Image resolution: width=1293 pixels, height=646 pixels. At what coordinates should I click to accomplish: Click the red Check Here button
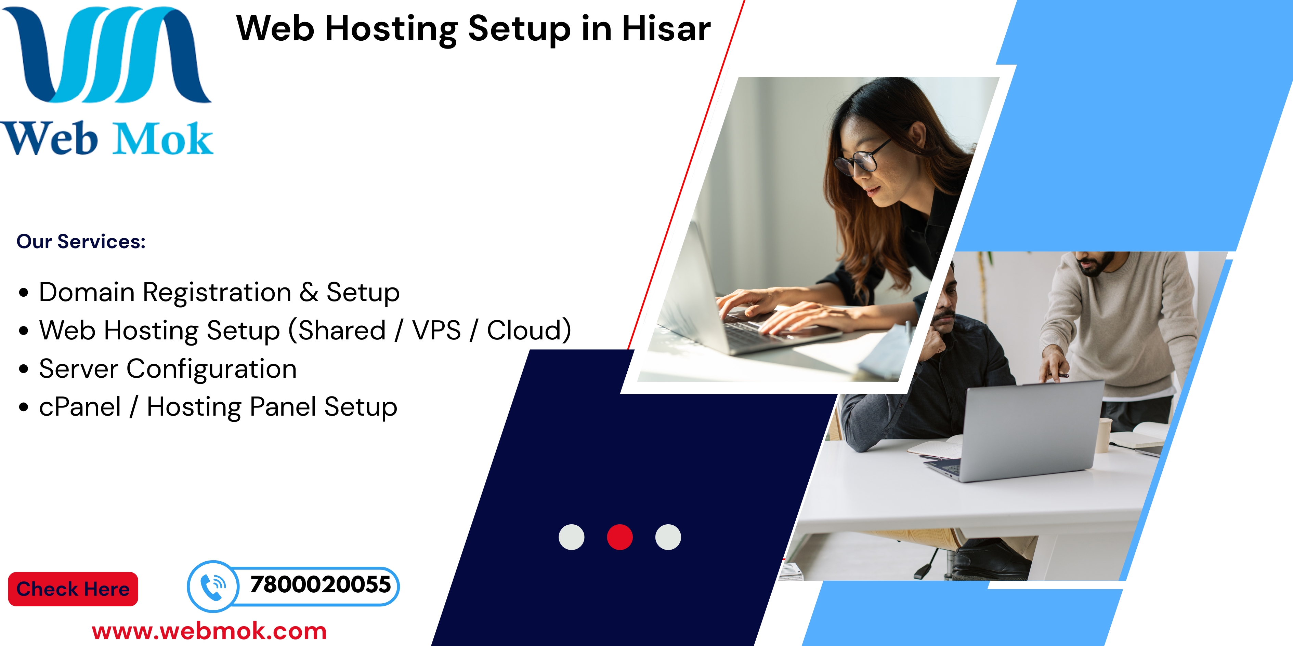(x=73, y=589)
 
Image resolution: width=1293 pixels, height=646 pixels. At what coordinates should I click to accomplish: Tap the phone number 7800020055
(x=320, y=585)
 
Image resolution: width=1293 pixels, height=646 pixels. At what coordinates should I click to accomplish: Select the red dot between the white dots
(x=620, y=537)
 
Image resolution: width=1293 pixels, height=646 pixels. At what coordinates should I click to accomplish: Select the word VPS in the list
(x=436, y=330)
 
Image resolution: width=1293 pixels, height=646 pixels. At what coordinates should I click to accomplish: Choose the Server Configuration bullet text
(x=168, y=369)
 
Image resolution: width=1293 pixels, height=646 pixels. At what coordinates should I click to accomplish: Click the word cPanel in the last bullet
(x=80, y=407)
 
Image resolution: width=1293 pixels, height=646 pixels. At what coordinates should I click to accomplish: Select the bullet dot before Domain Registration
(x=24, y=293)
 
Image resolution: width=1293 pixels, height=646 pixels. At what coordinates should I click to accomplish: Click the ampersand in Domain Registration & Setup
(x=309, y=292)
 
